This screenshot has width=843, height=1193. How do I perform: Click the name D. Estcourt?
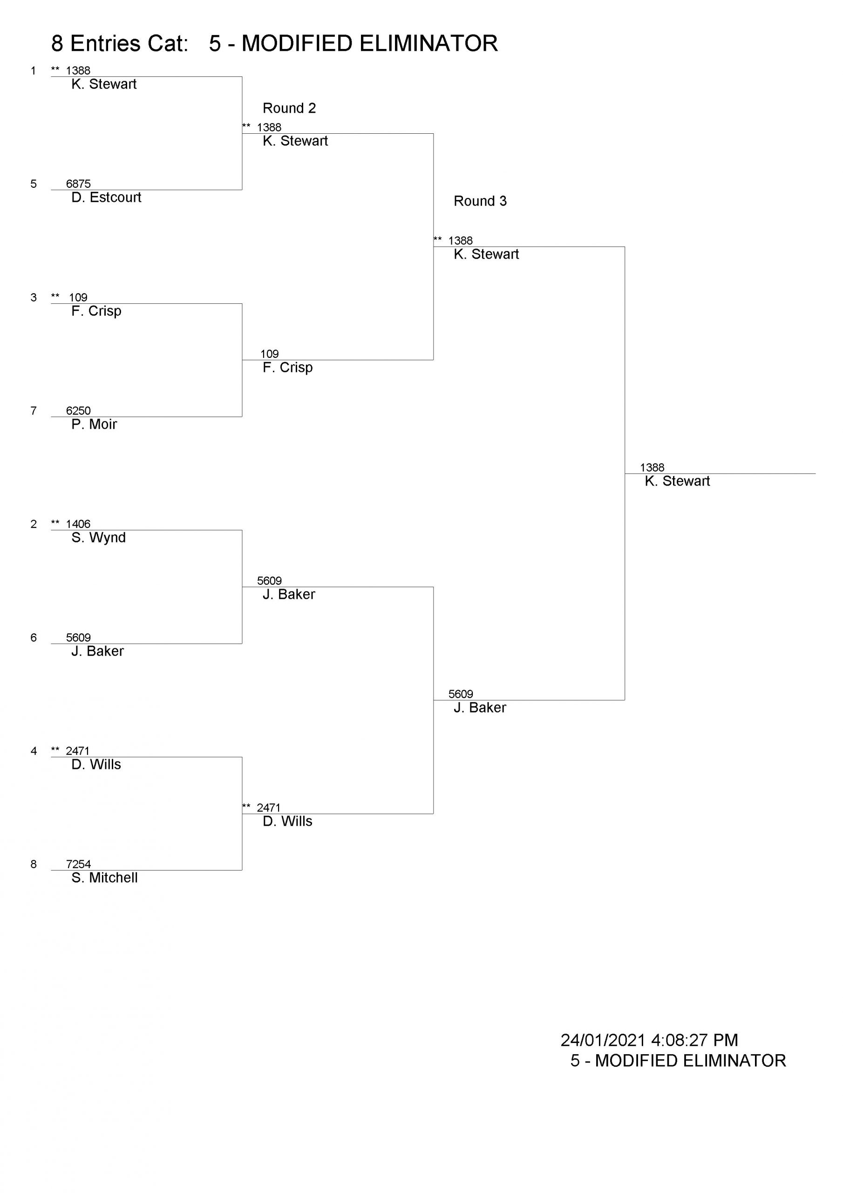point(106,198)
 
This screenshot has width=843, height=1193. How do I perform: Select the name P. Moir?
point(94,425)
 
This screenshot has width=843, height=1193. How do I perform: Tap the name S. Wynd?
point(99,538)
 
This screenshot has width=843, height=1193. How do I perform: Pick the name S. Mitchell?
point(104,878)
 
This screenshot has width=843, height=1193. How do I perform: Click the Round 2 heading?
point(289,108)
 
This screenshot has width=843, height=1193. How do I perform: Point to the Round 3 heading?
point(480,201)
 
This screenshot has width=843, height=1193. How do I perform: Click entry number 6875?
point(78,184)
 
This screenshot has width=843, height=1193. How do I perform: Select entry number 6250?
point(78,411)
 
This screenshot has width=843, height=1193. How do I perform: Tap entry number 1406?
point(78,524)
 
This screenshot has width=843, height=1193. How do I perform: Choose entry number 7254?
point(78,864)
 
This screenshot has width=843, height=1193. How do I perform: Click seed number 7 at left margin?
point(34,411)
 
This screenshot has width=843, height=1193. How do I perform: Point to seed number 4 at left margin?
point(34,751)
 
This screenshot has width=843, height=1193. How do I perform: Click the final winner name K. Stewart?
point(677,481)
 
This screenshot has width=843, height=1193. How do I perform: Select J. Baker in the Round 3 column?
point(480,708)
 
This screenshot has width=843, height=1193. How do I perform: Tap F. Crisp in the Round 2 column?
point(288,368)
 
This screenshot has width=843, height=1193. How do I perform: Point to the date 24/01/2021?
point(603,1040)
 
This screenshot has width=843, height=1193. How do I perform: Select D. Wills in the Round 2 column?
point(288,822)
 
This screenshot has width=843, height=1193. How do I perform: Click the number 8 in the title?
point(57,44)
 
